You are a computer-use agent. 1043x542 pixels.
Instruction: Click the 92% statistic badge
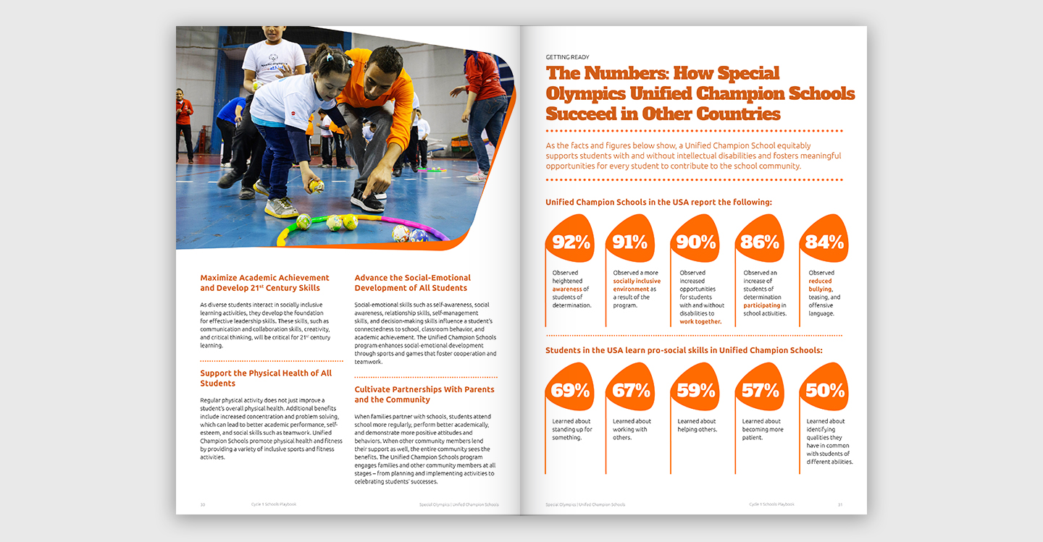tap(571, 242)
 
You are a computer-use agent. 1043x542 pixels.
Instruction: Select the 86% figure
tap(760, 242)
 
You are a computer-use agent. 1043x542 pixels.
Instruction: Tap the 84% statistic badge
tap(824, 242)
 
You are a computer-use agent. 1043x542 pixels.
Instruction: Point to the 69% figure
tap(571, 391)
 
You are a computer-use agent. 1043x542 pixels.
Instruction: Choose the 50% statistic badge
tap(824, 391)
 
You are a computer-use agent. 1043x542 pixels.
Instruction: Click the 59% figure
tap(696, 391)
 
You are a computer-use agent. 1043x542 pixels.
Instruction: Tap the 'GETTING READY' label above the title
tap(567, 57)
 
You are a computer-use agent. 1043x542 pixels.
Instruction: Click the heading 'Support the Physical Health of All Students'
tap(266, 378)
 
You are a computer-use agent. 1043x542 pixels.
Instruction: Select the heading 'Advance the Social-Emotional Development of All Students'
tap(412, 283)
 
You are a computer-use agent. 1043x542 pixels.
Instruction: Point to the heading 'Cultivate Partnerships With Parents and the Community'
tap(424, 394)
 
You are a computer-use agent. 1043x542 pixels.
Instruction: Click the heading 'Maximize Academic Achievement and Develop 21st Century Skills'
tap(264, 283)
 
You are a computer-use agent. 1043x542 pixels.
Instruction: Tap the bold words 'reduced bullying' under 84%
tap(821, 285)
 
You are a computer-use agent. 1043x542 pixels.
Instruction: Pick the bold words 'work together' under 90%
tap(700, 321)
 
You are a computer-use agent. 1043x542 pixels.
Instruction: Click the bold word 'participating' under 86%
tap(761, 305)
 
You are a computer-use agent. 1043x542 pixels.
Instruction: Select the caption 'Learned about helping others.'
tap(696, 425)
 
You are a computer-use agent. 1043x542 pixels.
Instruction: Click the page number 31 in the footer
tap(840, 504)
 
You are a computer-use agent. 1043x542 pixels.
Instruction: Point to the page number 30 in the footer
tap(203, 504)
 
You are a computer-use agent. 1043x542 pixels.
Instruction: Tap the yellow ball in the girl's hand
tap(316, 187)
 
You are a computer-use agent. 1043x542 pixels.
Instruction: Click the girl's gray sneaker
tap(280, 208)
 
